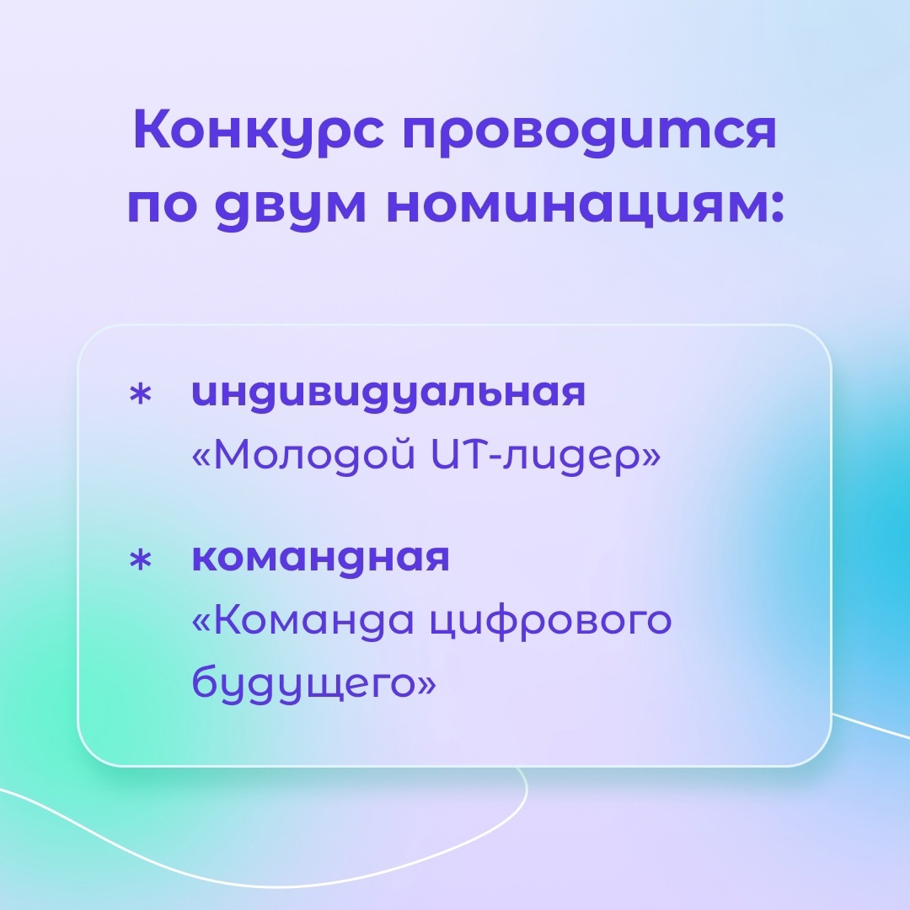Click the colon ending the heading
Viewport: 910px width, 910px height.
(777, 208)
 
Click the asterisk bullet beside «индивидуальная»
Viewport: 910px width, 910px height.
(140, 395)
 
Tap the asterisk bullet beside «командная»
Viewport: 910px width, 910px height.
(140, 560)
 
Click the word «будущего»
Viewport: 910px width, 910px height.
(302, 683)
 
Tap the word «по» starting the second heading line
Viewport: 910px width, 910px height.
(161, 207)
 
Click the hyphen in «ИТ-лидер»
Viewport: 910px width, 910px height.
(495, 456)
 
